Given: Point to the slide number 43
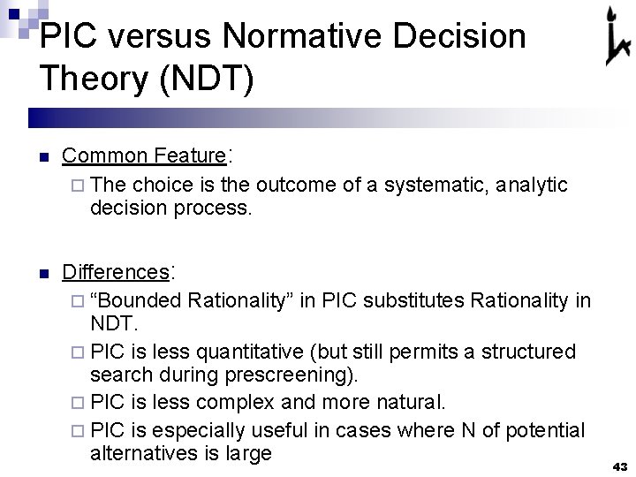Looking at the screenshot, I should tap(619, 466).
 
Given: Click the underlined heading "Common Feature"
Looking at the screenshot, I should tap(144, 155).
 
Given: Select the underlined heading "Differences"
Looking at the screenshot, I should tap(115, 271).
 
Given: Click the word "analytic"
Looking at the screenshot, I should tap(532, 185).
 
